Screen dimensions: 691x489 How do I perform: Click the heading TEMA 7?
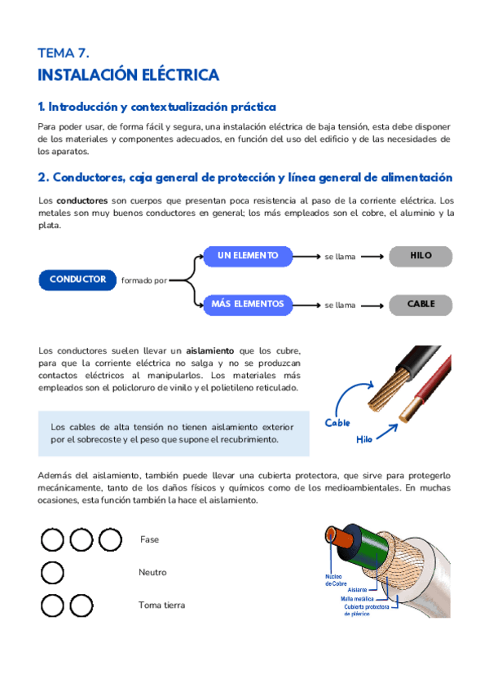[63, 53]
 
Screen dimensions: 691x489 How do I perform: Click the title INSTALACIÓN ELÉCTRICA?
[128, 75]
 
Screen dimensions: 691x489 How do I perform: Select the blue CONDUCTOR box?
[77, 279]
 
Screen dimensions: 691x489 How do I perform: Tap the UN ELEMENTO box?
[247, 256]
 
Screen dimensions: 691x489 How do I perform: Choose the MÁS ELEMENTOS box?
[247, 304]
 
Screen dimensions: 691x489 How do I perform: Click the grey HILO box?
[421, 256]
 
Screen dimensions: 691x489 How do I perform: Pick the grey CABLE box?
[421, 304]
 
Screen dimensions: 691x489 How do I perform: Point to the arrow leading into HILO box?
[372, 257]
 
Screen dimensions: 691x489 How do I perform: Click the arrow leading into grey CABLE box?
[372, 305]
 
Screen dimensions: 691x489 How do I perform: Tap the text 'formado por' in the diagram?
[144, 280]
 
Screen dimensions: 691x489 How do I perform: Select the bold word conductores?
[81, 200]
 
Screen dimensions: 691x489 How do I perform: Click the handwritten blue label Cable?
[337, 423]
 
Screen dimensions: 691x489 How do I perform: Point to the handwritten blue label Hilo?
[364, 438]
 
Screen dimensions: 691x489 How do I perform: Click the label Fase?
[150, 539]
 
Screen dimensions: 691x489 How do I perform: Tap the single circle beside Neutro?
[52, 573]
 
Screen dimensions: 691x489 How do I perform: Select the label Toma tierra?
[161, 605]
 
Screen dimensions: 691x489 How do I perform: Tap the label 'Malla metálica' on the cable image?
[359, 597]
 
